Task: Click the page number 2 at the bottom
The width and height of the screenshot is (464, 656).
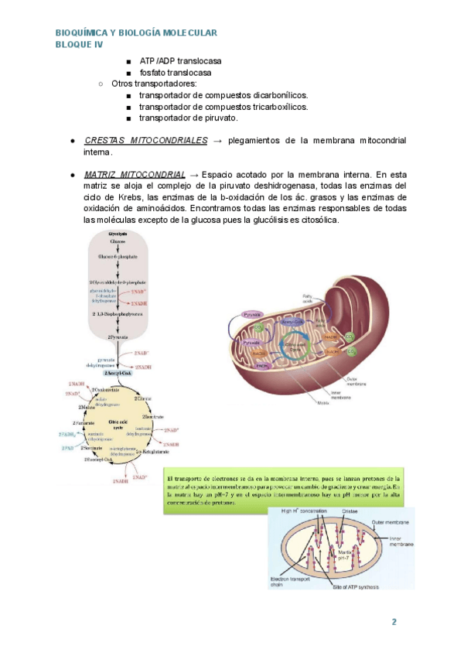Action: (x=394, y=623)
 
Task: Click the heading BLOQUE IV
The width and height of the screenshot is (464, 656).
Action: (x=79, y=45)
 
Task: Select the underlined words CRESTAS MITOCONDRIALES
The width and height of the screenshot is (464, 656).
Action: (x=145, y=140)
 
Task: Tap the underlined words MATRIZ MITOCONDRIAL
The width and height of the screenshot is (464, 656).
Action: (x=135, y=174)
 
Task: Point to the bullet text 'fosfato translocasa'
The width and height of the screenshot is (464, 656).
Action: (x=176, y=73)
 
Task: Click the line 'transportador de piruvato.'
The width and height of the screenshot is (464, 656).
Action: (x=189, y=118)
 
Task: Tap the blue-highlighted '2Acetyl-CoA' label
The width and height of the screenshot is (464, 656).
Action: (x=115, y=373)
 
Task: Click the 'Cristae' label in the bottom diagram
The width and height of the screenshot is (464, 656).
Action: (x=349, y=511)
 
